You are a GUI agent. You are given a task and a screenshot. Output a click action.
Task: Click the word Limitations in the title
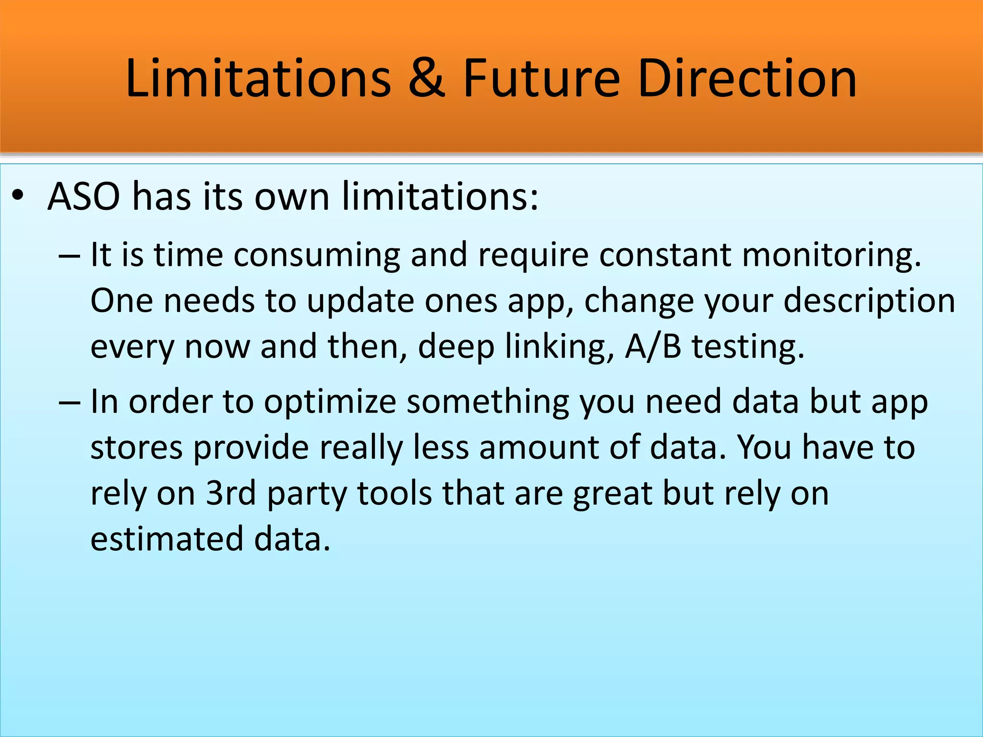click(x=258, y=78)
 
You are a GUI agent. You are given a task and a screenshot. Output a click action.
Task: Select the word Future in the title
click(x=541, y=78)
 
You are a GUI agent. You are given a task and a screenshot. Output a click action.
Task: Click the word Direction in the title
click(x=747, y=78)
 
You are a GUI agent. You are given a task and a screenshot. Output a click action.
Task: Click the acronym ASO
click(x=84, y=197)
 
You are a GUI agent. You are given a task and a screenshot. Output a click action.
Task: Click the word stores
click(x=136, y=448)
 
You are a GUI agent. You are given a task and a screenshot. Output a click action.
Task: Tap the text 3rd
click(x=231, y=493)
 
